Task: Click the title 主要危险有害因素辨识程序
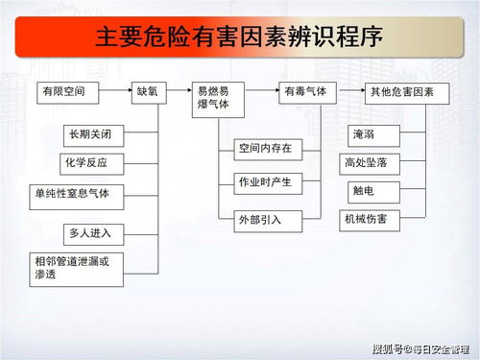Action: (239, 38)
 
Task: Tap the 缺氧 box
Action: (152, 94)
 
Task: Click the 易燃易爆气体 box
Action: (219, 100)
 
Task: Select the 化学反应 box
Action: (88, 163)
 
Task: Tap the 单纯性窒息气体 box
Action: (78, 195)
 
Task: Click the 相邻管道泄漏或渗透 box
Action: (78, 268)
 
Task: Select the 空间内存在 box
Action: (265, 148)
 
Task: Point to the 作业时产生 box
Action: (265, 182)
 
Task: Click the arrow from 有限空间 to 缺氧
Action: (116, 94)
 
